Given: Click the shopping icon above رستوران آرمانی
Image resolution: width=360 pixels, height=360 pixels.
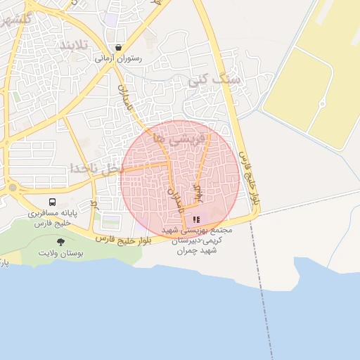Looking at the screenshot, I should [x=117, y=48].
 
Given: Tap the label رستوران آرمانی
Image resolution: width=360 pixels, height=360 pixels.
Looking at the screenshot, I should [x=118, y=59].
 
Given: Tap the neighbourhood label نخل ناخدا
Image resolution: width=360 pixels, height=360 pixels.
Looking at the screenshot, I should [x=97, y=169].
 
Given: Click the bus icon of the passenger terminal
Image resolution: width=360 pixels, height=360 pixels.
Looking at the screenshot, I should [x=55, y=202].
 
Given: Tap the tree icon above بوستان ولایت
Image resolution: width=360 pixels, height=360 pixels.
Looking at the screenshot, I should [x=60, y=242].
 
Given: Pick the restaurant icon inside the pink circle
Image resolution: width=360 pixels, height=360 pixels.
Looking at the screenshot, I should [x=195, y=219].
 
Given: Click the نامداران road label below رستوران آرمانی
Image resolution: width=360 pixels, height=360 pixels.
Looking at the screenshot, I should [x=125, y=99].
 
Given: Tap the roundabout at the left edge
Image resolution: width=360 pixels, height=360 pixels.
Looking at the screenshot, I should [x=12, y=188].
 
